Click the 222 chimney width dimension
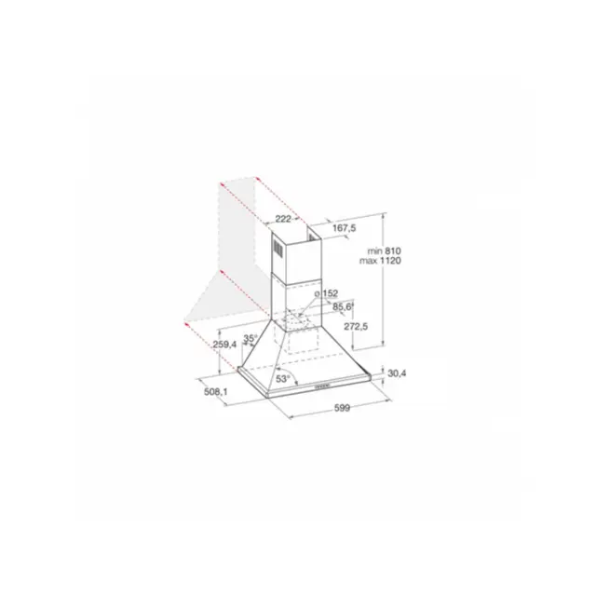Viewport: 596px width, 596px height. [x=283, y=219]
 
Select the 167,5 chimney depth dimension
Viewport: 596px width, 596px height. [x=344, y=228]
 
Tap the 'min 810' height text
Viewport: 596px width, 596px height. [x=384, y=251]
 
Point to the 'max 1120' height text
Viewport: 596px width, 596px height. [x=381, y=261]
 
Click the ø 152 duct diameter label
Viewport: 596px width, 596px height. [x=326, y=293]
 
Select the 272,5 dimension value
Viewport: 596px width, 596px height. [x=356, y=326]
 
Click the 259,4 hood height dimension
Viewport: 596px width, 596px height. [x=224, y=345]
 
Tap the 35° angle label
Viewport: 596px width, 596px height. [x=251, y=338]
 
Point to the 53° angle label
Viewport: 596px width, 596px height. [x=283, y=379]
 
